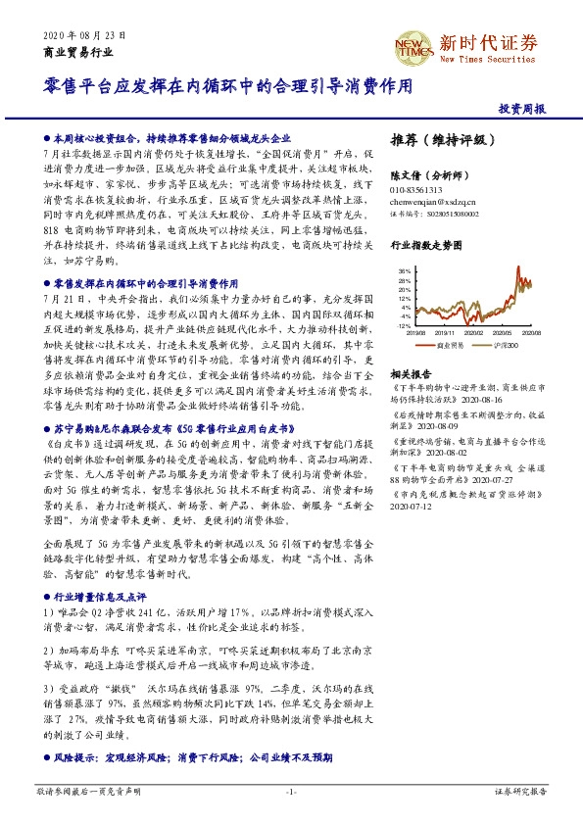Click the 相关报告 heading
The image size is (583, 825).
[410, 373]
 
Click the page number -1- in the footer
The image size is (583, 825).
[290, 790]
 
